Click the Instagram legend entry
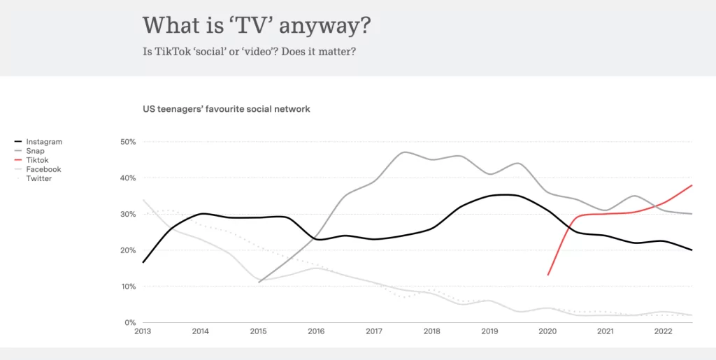click(43, 142)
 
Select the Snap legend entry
click(34, 151)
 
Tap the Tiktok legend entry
click(37, 160)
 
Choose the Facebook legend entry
click(43, 169)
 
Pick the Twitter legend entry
click(38, 178)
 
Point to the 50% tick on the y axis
click(128, 142)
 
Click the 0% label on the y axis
click(129, 323)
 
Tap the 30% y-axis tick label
click(128, 214)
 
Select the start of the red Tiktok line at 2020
click(547, 275)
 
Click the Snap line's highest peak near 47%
click(405, 152)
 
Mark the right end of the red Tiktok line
click(692, 185)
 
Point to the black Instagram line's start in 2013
click(143, 262)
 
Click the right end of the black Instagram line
click(692, 250)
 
